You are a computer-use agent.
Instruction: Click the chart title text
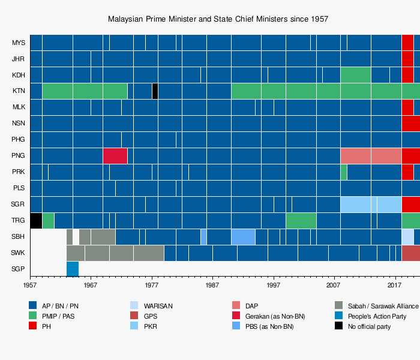click(x=218, y=19)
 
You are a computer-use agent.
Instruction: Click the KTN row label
click(x=19, y=91)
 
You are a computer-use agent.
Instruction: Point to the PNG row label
click(x=19, y=156)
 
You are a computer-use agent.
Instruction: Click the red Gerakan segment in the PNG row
click(x=115, y=155)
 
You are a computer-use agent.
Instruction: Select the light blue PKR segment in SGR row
click(x=370, y=204)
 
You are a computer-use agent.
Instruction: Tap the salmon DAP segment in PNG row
click(x=370, y=155)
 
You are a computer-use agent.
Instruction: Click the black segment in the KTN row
click(x=155, y=91)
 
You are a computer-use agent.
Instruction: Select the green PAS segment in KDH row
click(x=355, y=75)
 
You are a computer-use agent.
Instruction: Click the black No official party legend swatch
click(x=339, y=326)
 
